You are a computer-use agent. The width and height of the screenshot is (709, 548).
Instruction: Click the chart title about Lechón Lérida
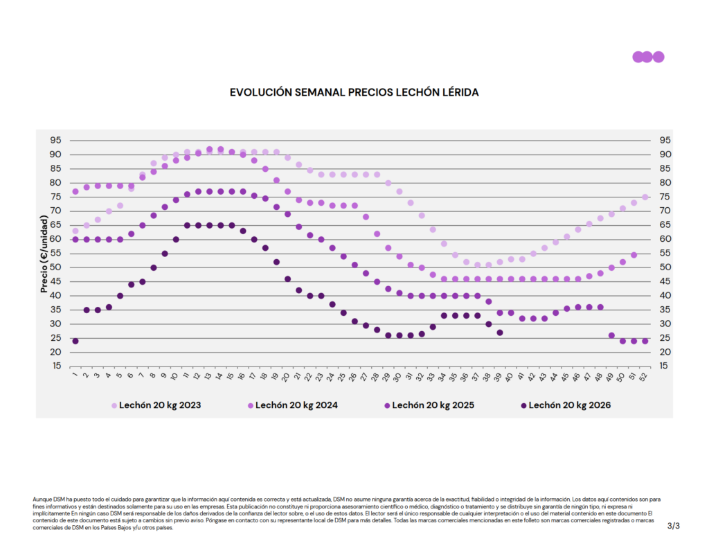click(x=354, y=92)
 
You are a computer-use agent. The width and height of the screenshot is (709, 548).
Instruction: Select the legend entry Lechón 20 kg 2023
click(x=156, y=405)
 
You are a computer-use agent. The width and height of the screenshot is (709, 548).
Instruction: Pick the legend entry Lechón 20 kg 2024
click(x=293, y=405)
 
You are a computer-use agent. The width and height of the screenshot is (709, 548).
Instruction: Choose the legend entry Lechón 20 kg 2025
click(x=429, y=405)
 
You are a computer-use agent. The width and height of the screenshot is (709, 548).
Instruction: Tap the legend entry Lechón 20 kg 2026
click(x=566, y=405)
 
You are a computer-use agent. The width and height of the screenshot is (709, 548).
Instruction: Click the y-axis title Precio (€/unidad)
click(x=44, y=254)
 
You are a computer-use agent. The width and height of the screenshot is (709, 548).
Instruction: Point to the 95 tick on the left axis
click(x=55, y=140)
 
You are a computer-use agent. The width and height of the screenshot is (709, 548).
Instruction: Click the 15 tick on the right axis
click(x=663, y=366)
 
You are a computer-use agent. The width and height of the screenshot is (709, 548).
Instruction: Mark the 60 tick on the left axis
click(x=55, y=239)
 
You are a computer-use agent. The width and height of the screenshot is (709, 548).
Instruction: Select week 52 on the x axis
click(x=644, y=376)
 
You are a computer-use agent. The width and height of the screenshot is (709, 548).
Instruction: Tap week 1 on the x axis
click(x=75, y=374)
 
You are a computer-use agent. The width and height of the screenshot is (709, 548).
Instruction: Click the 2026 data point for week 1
click(x=75, y=341)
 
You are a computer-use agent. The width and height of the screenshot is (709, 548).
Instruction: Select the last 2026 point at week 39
click(x=500, y=333)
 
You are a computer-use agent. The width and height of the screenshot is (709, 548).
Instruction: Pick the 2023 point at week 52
click(x=645, y=197)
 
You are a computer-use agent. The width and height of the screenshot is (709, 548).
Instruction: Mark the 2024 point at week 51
click(x=634, y=255)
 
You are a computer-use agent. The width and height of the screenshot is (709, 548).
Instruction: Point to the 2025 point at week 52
click(x=645, y=341)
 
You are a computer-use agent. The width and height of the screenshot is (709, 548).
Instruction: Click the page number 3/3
click(x=673, y=526)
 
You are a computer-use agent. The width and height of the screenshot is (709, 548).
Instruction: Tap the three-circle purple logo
click(x=648, y=57)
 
